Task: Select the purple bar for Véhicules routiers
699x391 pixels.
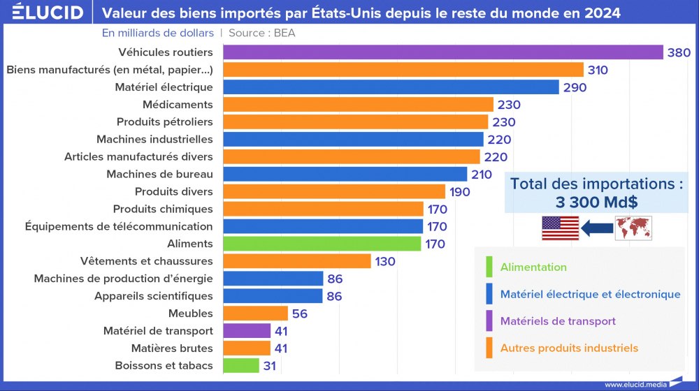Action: [442, 52]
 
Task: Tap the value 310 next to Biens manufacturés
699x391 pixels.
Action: [598, 70]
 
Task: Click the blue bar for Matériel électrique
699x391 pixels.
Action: [391, 87]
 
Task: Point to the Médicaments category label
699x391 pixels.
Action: [178, 105]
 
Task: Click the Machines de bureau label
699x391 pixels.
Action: [159, 174]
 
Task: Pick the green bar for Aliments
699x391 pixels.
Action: [322, 244]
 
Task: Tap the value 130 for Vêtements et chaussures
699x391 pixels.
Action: [384, 261]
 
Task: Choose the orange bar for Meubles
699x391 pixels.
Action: [255, 313]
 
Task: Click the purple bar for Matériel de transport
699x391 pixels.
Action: [247, 331]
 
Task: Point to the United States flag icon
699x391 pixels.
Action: [560, 228]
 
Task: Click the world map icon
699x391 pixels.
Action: [633, 228]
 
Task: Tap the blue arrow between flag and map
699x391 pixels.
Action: [596, 228]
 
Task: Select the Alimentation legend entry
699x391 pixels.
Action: [533, 267]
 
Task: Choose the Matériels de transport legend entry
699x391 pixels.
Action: [557, 321]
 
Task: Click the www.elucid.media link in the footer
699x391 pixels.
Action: [635, 384]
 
